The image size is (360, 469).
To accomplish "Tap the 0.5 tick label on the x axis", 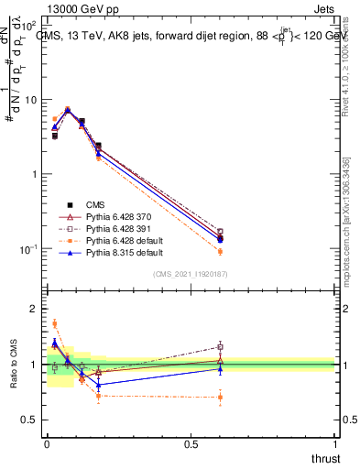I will (x=191, y=444).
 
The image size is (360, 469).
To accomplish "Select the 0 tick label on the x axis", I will (x=47, y=444).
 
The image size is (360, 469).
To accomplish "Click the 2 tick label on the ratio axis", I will (x=34, y=309).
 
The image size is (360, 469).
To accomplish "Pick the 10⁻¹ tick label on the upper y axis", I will (x=28, y=249).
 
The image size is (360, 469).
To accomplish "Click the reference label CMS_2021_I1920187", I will (x=190, y=274).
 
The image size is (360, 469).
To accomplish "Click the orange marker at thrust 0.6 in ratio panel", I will (x=220, y=397).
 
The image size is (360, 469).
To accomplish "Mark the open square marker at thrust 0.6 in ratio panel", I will (x=220, y=346).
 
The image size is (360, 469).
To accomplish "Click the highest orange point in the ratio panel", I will (x=54, y=323).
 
